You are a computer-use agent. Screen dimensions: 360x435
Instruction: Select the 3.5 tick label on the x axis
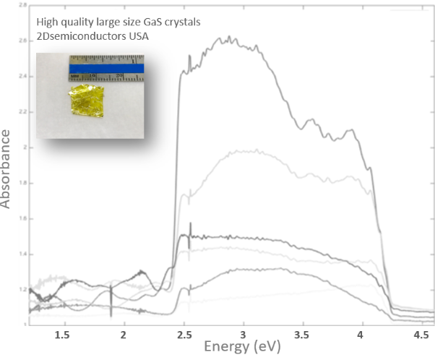[x=303, y=335]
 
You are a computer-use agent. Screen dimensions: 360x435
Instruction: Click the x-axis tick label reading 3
[x=244, y=335]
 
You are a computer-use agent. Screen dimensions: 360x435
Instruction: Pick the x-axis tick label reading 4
[x=363, y=335]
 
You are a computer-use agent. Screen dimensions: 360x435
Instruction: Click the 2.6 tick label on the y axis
[x=25, y=41]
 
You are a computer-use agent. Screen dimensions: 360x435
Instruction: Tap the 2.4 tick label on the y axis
[x=25, y=77]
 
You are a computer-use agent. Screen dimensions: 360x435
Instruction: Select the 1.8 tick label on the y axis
[x=25, y=183]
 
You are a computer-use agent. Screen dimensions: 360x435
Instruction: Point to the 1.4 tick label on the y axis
[x=25, y=254]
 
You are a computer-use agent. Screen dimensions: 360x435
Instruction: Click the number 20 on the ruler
[x=121, y=74]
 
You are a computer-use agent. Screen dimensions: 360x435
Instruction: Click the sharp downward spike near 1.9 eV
[x=111, y=312]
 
